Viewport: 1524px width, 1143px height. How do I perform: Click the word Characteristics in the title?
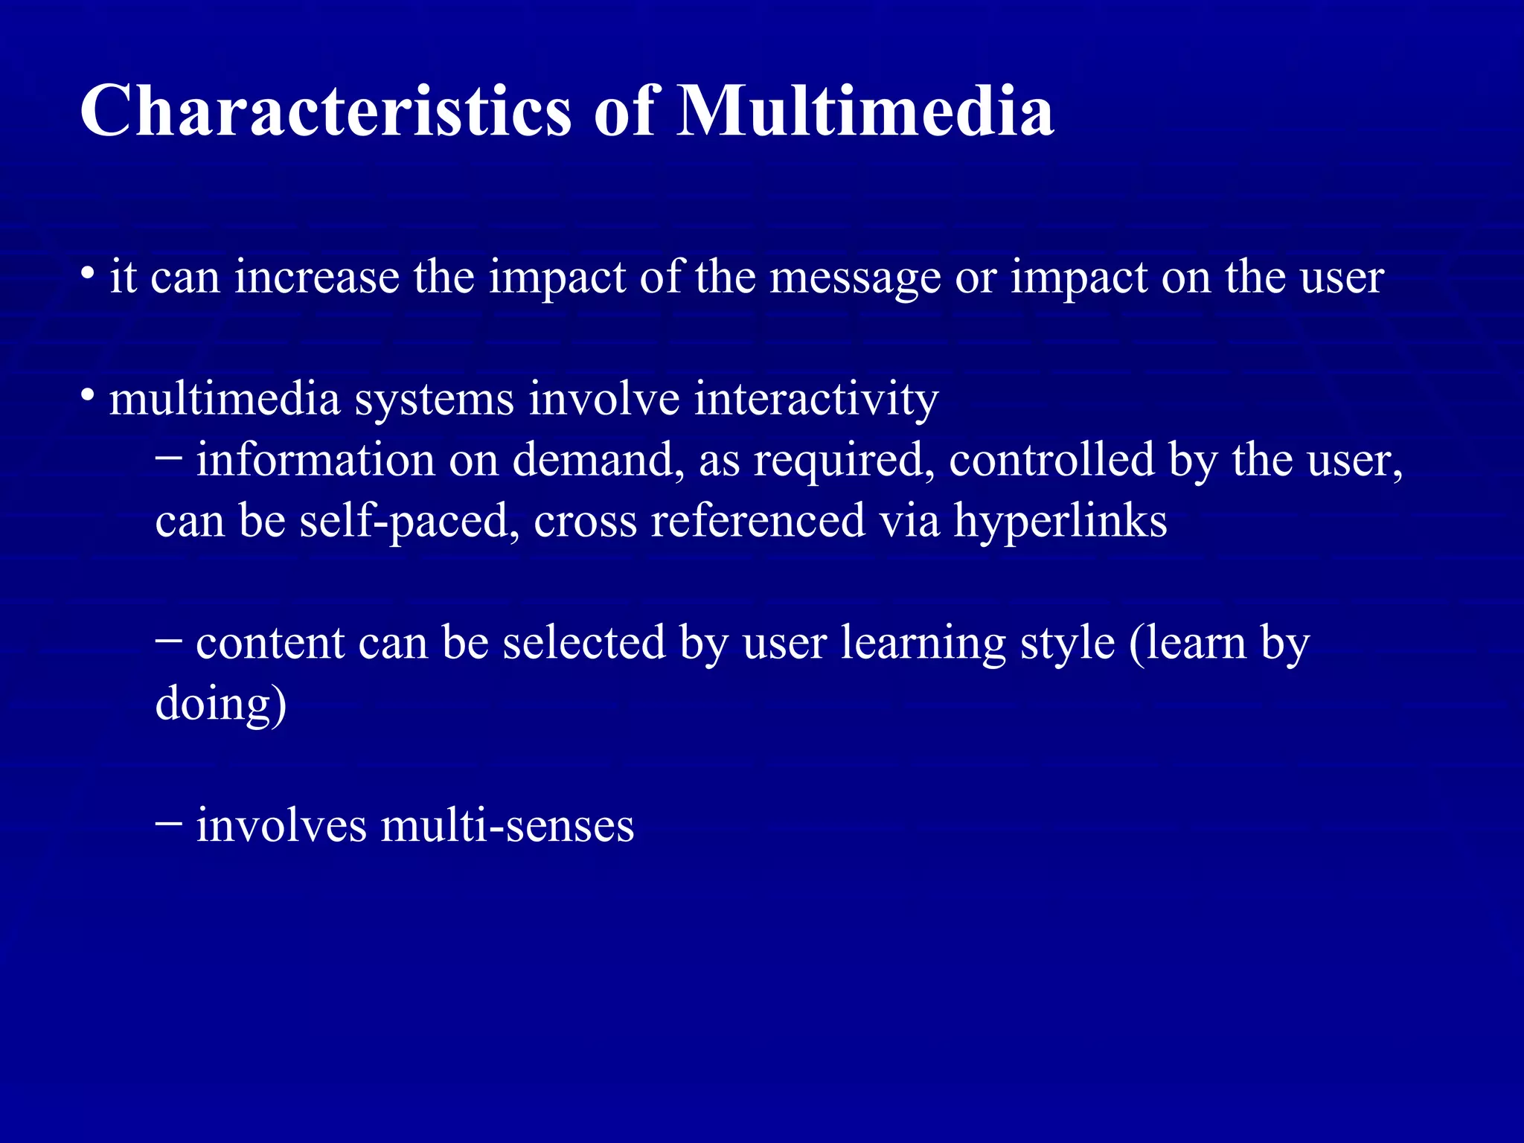325,112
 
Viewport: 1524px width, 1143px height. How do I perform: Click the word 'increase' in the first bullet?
317,277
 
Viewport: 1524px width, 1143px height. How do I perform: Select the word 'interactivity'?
816,400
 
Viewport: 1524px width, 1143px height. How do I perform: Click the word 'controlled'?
1051,460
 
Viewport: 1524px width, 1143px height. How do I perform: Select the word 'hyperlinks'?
1060,521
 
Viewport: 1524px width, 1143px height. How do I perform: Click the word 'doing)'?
220,704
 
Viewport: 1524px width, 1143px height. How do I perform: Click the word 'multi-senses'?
508,826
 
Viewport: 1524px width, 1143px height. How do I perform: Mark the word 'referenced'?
758,521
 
